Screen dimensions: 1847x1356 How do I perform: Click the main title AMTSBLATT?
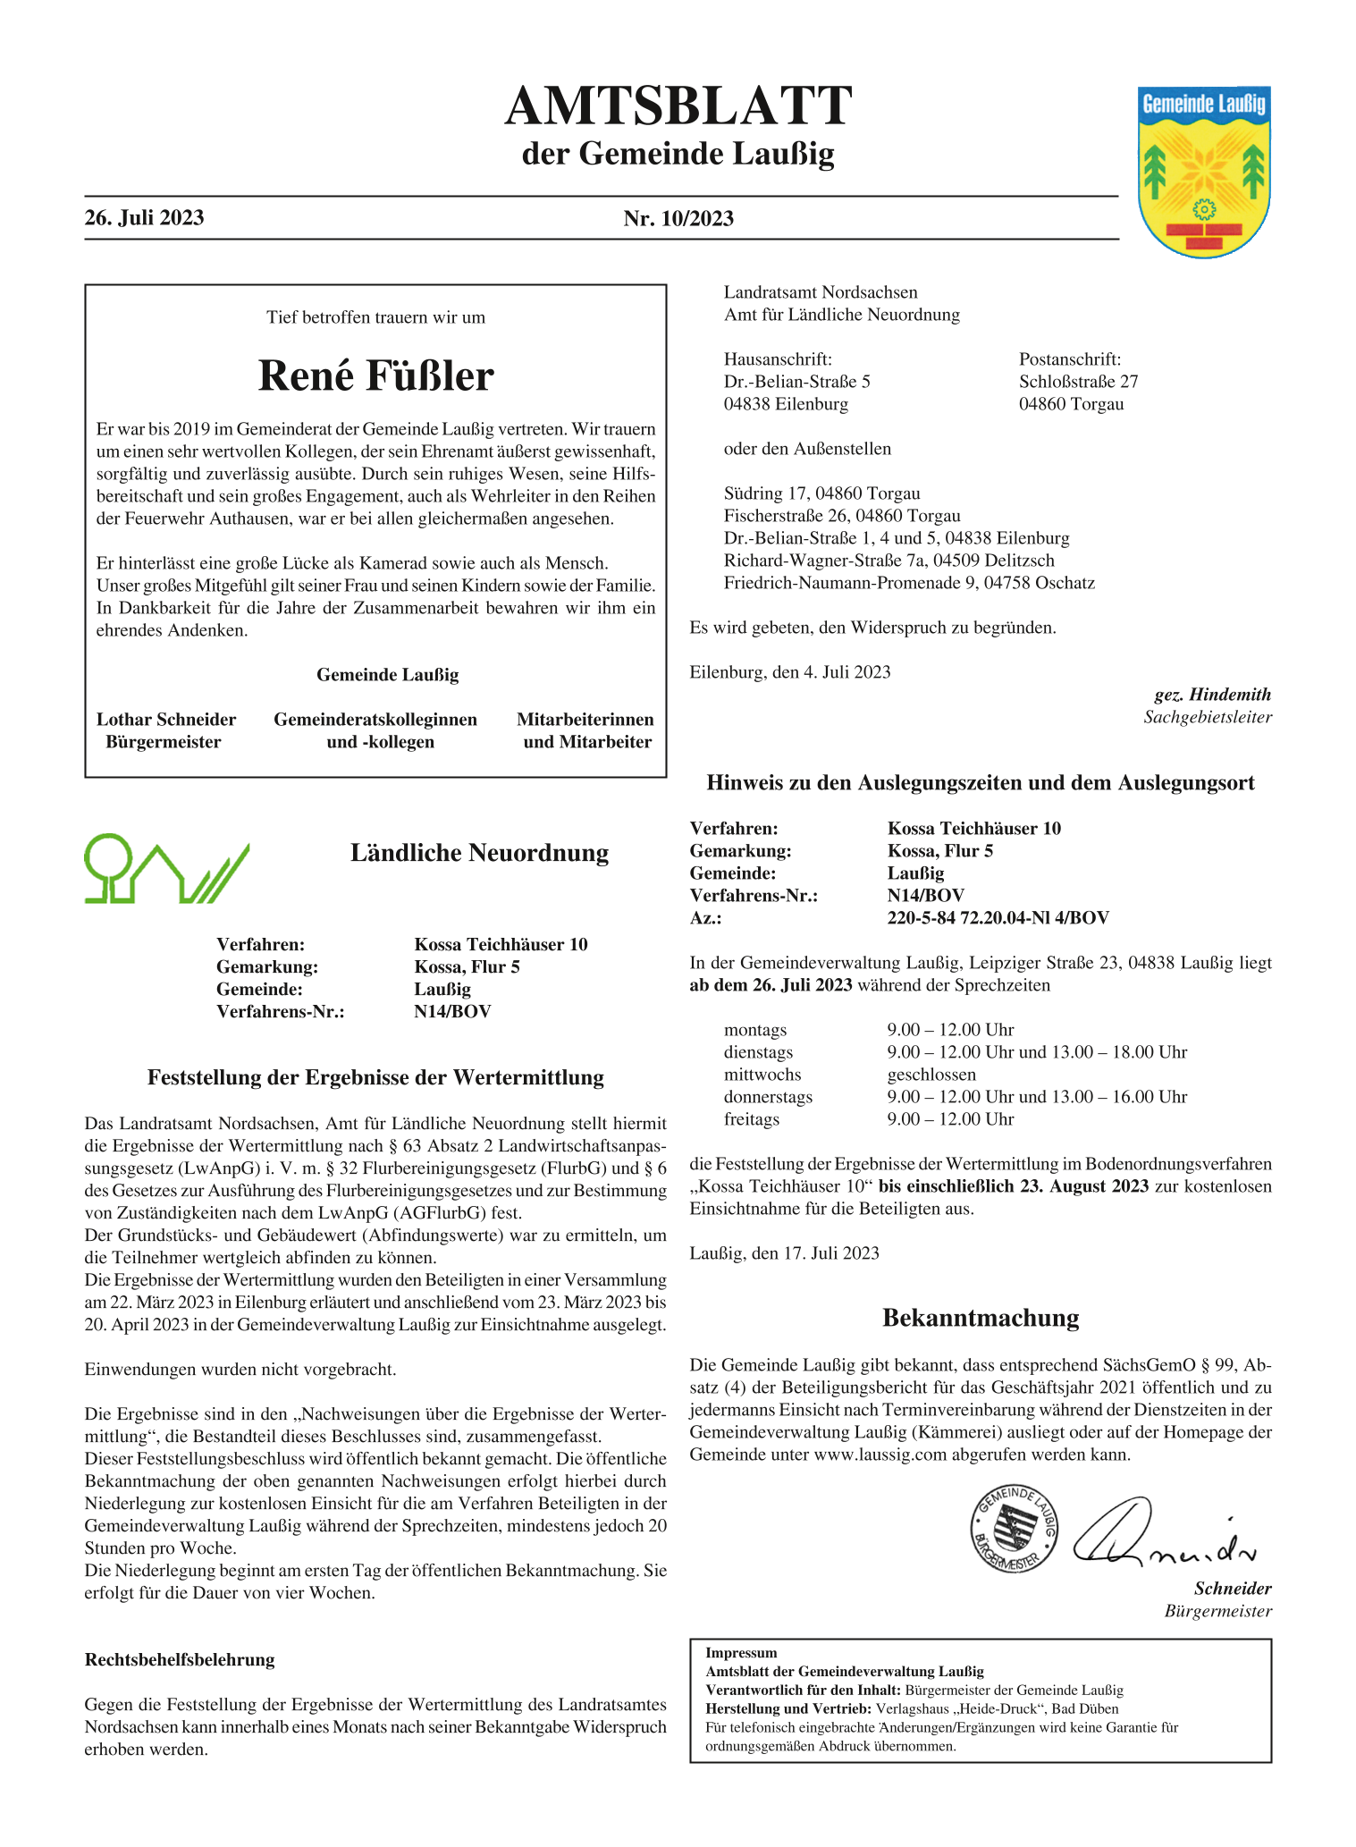click(678, 106)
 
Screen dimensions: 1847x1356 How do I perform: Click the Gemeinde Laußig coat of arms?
click(1204, 172)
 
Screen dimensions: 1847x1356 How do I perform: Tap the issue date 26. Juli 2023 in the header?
click(144, 218)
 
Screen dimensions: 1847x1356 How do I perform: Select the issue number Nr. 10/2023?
click(678, 219)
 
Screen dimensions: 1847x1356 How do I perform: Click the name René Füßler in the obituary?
click(375, 376)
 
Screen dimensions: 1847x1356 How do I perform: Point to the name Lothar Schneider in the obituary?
click(166, 720)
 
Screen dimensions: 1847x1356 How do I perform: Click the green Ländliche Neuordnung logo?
click(166, 868)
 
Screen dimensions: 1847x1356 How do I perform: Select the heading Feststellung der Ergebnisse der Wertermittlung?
click(375, 1077)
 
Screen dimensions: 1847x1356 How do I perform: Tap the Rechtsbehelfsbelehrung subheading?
click(180, 1660)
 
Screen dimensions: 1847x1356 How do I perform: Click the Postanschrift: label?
click(1069, 359)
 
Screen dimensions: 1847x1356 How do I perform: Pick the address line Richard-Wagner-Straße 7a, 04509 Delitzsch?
click(889, 561)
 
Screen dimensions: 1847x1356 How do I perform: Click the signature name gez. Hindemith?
click(1212, 695)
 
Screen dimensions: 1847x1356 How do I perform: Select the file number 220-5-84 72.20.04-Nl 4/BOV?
click(998, 918)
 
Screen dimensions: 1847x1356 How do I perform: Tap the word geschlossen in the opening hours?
click(931, 1075)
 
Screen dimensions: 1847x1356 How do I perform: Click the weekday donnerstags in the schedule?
click(768, 1097)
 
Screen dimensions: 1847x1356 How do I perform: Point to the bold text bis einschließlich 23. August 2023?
click(1014, 1186)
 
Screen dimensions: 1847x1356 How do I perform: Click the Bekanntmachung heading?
click(981, 1318)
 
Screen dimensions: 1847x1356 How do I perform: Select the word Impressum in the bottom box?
click(741, 1653)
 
